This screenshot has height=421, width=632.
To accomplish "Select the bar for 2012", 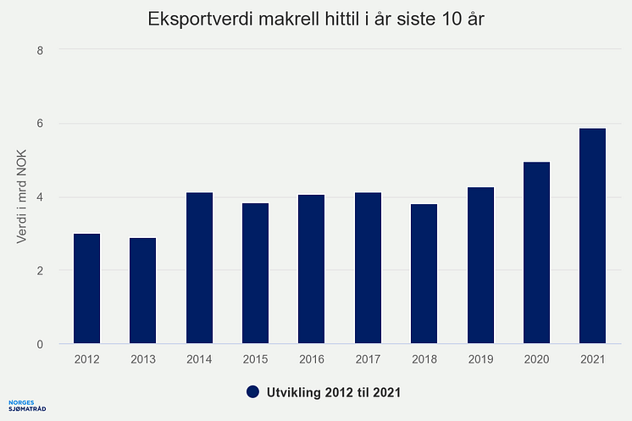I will (x=86, y=289).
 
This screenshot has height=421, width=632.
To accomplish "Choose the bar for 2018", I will (x=424, y=274).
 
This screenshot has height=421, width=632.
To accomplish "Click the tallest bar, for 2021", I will (x=592, y=236).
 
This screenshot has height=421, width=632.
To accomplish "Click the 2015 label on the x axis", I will (x=255, y=359).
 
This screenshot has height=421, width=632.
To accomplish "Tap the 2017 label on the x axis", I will (x=368, y=359).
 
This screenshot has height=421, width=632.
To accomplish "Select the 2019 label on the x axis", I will (x=480, y=359).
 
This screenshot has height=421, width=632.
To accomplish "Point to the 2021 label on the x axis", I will (x=592, y=359).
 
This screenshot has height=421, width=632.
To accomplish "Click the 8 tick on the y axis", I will (x=39, y=50).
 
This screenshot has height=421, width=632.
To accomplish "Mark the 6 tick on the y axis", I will (x=39, y=124).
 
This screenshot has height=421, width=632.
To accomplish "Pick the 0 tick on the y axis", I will (x=39, y=345).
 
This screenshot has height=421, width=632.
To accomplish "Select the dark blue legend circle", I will (x=252, y=391).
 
